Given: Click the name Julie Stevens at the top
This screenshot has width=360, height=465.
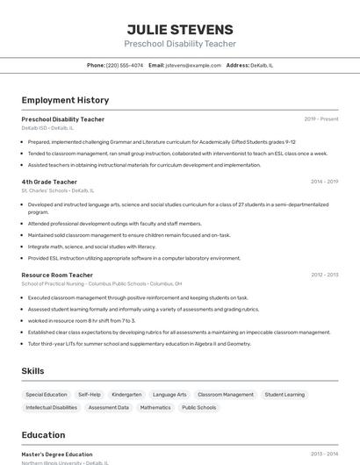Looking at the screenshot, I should tap(180, 29).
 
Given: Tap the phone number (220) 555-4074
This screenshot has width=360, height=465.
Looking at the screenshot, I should tap(125, 65).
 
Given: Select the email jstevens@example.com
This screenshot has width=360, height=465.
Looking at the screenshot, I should tap(193, 65).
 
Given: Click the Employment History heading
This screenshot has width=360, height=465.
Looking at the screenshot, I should tap(65, 100).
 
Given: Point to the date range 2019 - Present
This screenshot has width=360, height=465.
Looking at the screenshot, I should tap(321, 119).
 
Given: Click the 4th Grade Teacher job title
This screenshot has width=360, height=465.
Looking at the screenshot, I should tap(49, 182).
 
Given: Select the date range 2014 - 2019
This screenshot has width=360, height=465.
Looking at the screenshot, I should tap(324, 182).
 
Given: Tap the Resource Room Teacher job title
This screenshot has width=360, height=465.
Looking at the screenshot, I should tap(57, 275).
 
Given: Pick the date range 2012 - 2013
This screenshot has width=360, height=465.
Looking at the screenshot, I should tap(324, 275).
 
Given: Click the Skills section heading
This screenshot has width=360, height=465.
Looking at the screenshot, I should tap(32, 371).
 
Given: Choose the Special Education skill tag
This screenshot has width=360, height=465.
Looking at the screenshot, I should tap(47, 395).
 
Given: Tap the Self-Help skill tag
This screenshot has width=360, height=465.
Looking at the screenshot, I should tap(90, 395).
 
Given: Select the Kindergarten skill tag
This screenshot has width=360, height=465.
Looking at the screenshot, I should tap(126, 395).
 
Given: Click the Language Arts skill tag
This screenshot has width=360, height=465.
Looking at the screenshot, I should tap(169, 395).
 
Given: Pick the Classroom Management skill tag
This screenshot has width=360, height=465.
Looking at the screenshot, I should tap(226, 395).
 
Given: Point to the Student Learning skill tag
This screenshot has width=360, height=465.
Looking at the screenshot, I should tap(284, 395).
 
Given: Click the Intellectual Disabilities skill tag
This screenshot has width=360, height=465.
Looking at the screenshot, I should tap(51, 407).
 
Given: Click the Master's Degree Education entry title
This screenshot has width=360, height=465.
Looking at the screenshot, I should tap(56, 454).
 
